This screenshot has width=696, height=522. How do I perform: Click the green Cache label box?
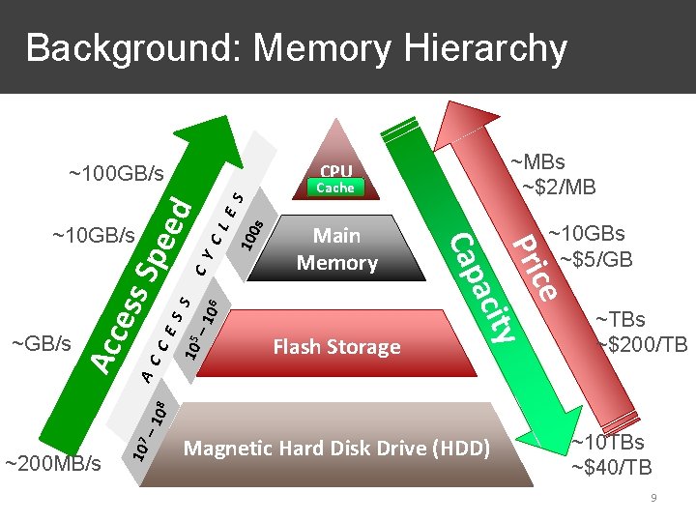click(x=336, y=188)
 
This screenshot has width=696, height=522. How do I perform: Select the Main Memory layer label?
click(x=336, y=248)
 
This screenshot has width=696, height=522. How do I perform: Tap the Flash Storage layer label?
click(x=336, y=346)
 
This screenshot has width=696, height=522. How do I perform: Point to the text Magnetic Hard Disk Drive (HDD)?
click(x=336, y=449)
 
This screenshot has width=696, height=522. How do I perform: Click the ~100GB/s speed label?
click(x=116, y=174)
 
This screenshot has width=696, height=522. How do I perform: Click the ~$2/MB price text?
click(x=559, y=187)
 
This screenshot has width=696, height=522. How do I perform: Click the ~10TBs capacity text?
click(x=608, y=444)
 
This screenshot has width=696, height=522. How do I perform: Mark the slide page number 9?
click(x=654, y=498)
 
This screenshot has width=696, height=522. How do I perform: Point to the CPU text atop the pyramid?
click(x=336, y=169)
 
